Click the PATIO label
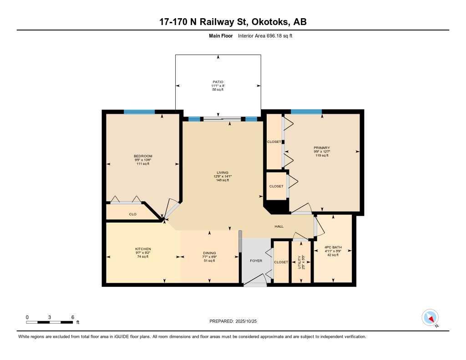point(218,82)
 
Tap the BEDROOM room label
point(142,156)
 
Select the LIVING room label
point(222,172)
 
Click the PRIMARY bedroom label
point(321,148)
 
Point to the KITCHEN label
point(142,249)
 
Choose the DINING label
point(209,253)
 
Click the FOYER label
point(256,261)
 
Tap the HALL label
point(279,226)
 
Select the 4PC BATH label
point(333,248)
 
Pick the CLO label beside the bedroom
point(132,214)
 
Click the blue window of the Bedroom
point(139,112)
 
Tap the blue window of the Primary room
point(306,112)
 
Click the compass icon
point(430,317)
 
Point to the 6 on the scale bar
point(72,317)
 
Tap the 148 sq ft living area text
point(222,180)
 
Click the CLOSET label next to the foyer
point(281,262)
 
